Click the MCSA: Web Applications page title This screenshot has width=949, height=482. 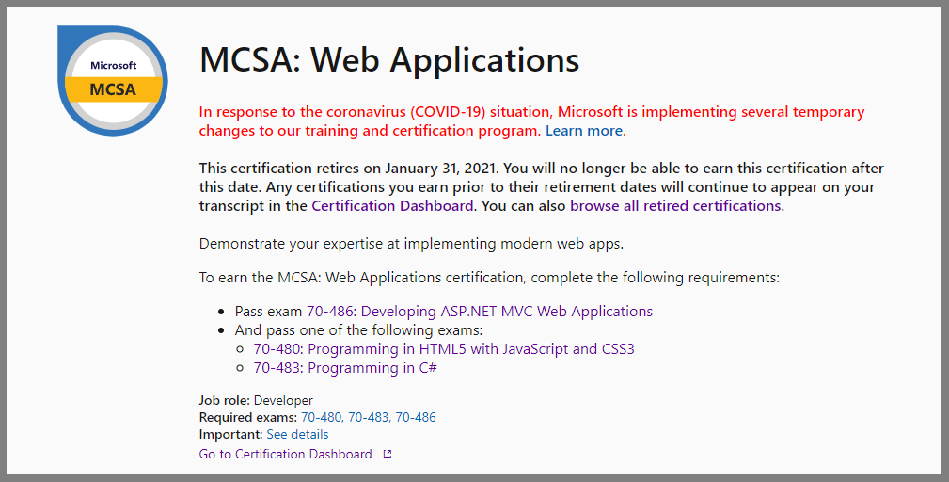click(x=389, y=59)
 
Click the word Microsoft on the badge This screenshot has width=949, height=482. click(x=113, y=65)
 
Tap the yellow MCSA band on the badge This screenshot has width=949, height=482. click(x=113, y=89)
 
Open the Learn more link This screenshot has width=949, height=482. click(x=584, y=131)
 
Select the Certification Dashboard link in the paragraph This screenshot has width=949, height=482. click(x=392, y=206)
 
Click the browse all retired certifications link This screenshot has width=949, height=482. click(x=675, y=206)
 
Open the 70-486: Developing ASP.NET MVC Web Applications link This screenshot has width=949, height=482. click(x=480, y=312)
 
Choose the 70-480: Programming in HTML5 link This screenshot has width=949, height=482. click(x=444, y=348)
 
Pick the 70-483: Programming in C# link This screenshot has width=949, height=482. click(x=345, y=367)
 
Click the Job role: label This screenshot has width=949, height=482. click(x=225, y=400)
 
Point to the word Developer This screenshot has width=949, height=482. click(x=283, y=400)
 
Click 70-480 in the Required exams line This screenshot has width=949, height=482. click(x=322, y=417)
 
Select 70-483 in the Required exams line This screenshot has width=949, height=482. click(x=369, y=417)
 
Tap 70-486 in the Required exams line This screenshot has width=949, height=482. click(x=416, y=417)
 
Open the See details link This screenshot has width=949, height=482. click(x=297, y=434)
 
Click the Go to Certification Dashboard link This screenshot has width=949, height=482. click(x=285, y=454)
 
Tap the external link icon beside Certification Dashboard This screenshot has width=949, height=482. click(x=388, y=454)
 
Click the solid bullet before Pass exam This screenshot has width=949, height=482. click(x=221, y=312)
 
